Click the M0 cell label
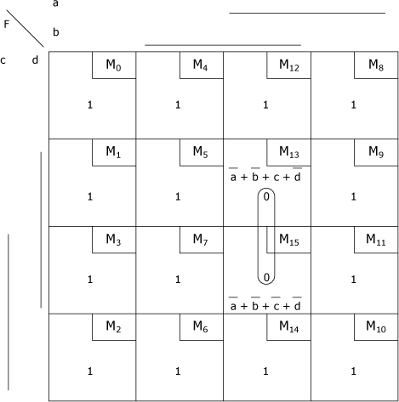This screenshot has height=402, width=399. click(113, 65)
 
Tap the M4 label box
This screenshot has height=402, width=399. click(202, 65)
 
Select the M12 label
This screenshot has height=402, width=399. click(289, 65)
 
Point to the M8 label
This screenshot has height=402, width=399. click(376, 65)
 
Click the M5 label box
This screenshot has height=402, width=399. click(202, 152)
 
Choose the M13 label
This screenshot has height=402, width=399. click(289, 152)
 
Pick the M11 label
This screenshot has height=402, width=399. click(376, 240)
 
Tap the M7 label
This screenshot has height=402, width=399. click(201, 240)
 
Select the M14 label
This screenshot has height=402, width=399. click(289, 326)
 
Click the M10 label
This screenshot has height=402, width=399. click(376, 326)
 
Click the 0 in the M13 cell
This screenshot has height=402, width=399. click(266, 196)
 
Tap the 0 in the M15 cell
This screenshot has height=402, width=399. click(266, 277)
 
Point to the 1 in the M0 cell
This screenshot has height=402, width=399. click(90, 105)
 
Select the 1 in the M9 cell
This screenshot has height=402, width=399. click(353, 196)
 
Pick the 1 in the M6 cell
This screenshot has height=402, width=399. click(178, 371)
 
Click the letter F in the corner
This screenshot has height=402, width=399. click(7, 25)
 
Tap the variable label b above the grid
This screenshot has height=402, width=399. click(56, 31)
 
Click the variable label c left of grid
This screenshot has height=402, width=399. click(3, 60)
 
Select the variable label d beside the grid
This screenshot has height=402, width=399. click(35, 59)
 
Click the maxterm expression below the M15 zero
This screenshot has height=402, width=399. click(265, 303)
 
